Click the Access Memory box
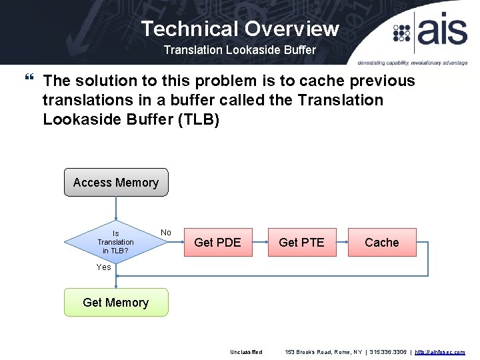[x=116, y=183]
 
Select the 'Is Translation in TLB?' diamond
[x=115, y=242]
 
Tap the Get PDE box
[x=217, y=242]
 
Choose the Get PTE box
[x=301, y=242]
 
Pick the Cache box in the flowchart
[x=382, y=242]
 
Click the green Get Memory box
[x=116, y=303]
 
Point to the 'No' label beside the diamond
[x=166, y=233]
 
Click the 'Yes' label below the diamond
[x=104, y=267]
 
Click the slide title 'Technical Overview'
[x=240, y=29]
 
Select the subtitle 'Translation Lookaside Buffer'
[x=240, y=50]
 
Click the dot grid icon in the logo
[x=402, y=33]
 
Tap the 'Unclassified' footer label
[x=247, y=352]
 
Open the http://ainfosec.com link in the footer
[x=440, y=352]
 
